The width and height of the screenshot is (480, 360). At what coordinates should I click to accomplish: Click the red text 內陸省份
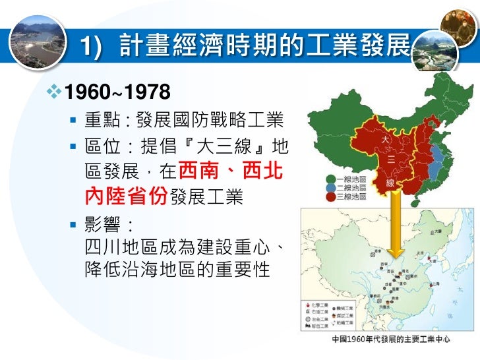[127, 196]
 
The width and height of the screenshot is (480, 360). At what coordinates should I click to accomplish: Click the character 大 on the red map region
[386, 140]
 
